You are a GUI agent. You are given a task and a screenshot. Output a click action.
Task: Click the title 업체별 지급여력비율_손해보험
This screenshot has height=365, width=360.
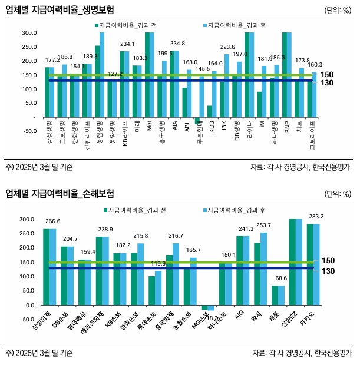(60, 194)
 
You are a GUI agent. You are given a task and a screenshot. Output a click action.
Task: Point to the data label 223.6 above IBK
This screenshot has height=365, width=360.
(227, 47)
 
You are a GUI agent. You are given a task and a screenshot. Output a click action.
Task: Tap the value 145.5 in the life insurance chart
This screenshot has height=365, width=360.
(202, 69)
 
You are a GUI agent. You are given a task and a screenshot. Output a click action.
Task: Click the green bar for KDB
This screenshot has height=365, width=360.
(210, 111)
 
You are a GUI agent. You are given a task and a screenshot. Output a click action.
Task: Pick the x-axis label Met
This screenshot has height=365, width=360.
(150, 126)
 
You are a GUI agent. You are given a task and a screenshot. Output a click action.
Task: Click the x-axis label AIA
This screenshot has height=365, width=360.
(174, 126)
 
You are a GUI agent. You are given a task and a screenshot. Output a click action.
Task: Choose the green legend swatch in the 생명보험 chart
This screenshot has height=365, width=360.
(96, 26)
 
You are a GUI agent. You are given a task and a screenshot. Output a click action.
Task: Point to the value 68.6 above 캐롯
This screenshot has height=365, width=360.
(279, 278)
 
